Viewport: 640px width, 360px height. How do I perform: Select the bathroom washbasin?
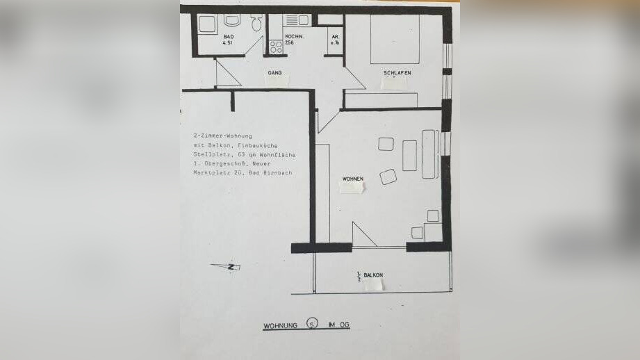[x=231, y=21]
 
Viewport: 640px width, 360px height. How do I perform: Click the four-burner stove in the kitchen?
[x=276, y=47]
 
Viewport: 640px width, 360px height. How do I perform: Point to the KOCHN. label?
[x=293, y=35]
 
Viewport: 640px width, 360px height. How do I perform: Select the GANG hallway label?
[x=274, y=72]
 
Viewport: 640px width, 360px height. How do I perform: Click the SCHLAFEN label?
[x=397, y=73]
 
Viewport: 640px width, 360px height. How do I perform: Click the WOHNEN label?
[x=352, y=179]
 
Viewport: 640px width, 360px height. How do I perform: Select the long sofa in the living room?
[x=429, y=154]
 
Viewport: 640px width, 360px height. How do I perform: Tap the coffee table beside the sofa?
[x=409, y=155]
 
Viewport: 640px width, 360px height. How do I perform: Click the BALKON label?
[x=373, y=275]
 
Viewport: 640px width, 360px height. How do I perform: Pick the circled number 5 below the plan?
[x=313, y=325]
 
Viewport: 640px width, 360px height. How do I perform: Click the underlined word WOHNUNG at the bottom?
[x=280, y=325]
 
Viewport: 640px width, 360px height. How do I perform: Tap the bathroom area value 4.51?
[x=227, y=43]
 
